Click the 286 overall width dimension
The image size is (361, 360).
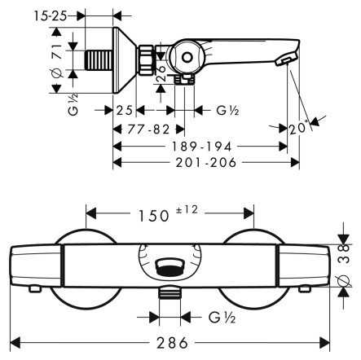[x=172, y=343]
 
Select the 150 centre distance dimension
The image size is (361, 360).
[x=153, y=216]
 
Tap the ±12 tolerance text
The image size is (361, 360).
[x=187, y=210]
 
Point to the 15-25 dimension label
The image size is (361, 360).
[x=51, y=16]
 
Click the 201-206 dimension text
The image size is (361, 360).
[x=206, y=163]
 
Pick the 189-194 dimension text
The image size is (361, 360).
[x=202, y=147]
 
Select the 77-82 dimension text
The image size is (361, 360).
[x=148, y=130]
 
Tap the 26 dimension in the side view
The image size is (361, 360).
[x=161, y=72]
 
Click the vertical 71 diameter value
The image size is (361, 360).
[x=57, y=51]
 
